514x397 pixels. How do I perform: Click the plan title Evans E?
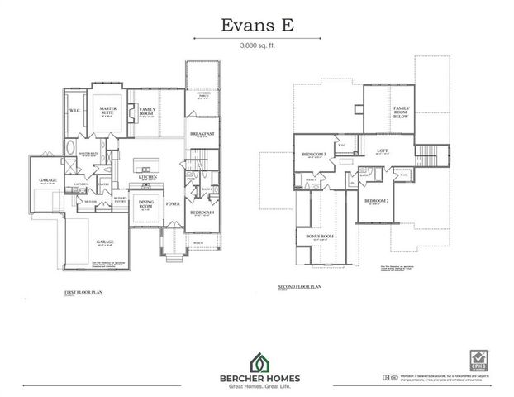pyautogui.click(x=256, y=24)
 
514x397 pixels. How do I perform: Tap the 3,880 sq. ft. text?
pyautogui.click(x=256, y=45)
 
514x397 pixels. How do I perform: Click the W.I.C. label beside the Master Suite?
pyautogui.click(x=74, y=110)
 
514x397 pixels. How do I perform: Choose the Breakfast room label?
pyautogui.click(x=202, y=134)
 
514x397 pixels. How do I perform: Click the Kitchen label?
pyautogui.click(x=148, y=177)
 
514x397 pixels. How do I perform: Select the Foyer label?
pyautogui.click(x=173, y=203)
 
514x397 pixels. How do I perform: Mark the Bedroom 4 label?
pyautogui.click(x=202, y=213)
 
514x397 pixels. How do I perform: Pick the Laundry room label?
pyautogui.click(x=81, y=184)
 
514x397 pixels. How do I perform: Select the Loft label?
pyautogui.click(x=382, y=151)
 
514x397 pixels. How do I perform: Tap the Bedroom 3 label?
pyautogui.click(x=313, y=155)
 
